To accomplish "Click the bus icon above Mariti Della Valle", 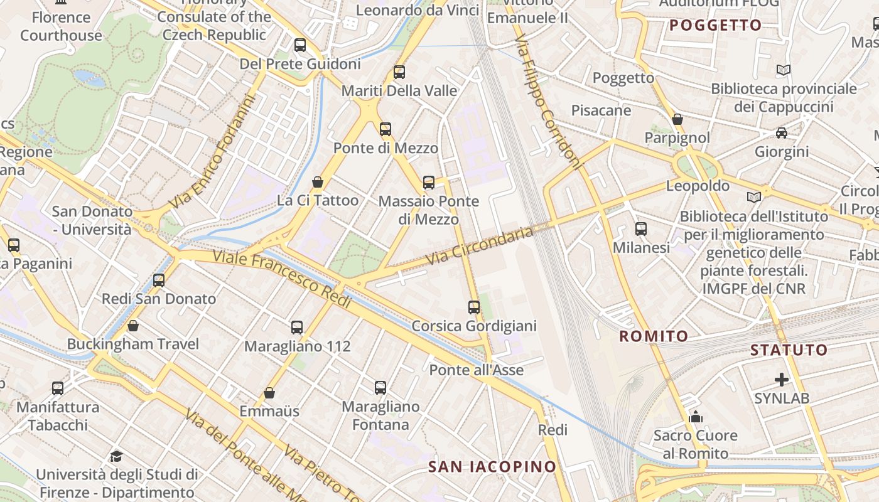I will click(x=399, y=72).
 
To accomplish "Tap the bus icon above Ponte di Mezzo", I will click(x=386, y=129).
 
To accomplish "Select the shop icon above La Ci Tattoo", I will click(x=318, y=182).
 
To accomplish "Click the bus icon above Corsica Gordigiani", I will click(x=474, y=307).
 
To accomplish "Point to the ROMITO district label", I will click(x=654, y=336).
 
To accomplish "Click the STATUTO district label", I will click(x=789, y=350).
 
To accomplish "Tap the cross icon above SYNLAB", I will click(x=782, y=380).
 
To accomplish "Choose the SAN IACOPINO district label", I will click(x=492, y=466).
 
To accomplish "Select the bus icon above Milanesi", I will click(x=641, y=229).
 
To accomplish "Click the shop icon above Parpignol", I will click(x=677, y=119).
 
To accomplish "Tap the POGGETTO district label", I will click(x=715, y=26).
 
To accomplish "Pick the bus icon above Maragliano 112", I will click(x=297, y=328).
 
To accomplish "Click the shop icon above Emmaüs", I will click(x=269, y=393).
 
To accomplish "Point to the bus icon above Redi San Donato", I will click(x=159, y=280).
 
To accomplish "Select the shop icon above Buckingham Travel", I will click(x=133, y=326).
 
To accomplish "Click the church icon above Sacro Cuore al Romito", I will click(x=696, y=417).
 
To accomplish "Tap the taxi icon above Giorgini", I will click(x=782, y=133).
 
